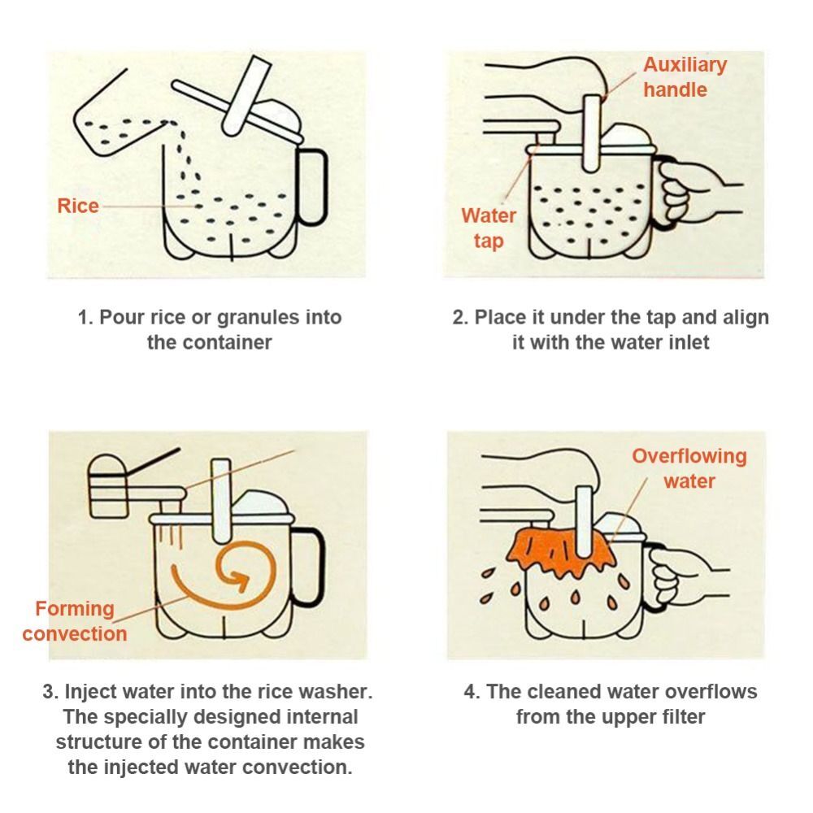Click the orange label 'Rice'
tap(78, 206)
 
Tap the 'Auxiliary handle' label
tap(685, 77)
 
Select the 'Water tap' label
tap(489, 228)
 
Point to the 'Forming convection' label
tap(75, 621)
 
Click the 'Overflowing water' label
tap(689, 468)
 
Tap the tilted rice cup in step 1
tap(122, 122)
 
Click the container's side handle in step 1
tap(313, 187)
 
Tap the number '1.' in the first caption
tap(85, 317)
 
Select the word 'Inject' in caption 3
tap(93, 693)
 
